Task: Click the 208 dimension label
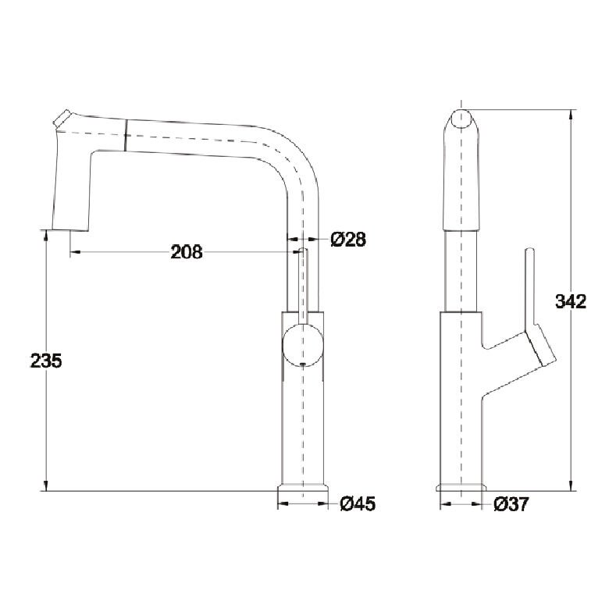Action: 187,252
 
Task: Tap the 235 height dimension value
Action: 46,361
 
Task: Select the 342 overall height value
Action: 571,301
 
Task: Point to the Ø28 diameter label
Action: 348,239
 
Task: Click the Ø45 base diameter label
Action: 358,504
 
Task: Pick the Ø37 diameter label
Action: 511,504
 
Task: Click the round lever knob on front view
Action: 303,345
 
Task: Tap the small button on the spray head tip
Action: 62,118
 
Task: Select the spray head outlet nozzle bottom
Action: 70,229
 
